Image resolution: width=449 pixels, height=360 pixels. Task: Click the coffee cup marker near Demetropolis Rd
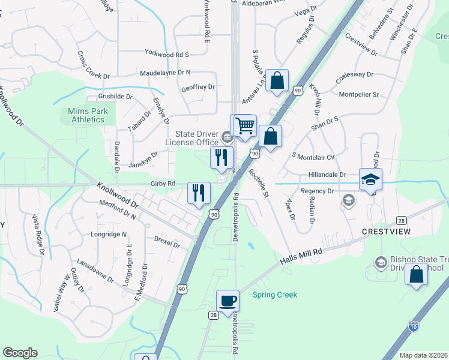pos(228,301)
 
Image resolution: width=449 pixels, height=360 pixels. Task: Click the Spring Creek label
pos(274,295)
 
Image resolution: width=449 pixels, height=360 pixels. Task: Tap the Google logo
pos(20,352)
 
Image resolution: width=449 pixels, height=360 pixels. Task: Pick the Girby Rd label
pos(163,184)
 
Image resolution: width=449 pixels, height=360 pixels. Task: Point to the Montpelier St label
pos(359,95)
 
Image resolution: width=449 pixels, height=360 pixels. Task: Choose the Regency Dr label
pos(317,191)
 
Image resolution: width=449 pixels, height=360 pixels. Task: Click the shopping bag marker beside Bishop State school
pos(416,275)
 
